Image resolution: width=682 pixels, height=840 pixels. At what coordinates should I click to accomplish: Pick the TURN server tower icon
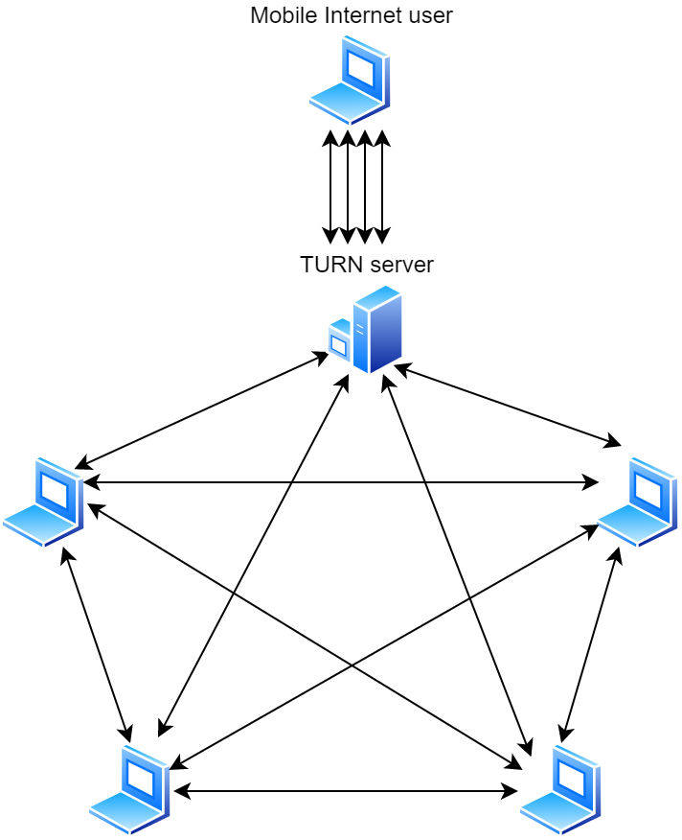pos(375,329)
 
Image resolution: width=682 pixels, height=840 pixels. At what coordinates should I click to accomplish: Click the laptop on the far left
pos(44,502)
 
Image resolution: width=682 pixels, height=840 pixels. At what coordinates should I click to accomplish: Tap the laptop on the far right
pos(638,502)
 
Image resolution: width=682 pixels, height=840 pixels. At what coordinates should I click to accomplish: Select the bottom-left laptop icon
pos(130,789)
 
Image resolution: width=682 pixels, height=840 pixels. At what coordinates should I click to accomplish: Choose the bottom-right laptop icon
pos(560,789)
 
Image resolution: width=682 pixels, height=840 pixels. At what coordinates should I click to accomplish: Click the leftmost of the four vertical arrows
pos(330,187)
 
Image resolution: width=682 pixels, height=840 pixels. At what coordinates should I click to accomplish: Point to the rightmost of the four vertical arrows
pos(382,187)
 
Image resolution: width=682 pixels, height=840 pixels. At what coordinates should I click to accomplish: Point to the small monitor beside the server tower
pos(339,342)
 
